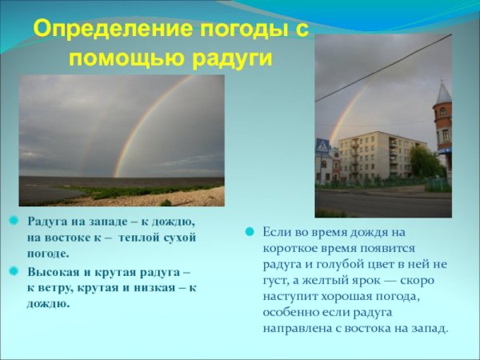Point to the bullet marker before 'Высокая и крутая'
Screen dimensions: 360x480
pyautogui.click(x=14, y=272)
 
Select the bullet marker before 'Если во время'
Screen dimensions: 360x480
pyautogui.click(x=249, y=231)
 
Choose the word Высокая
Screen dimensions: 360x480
pyautogui.click(x=54, y=272)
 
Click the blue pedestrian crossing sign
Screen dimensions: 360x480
pyautogui.click(x=322, y=146)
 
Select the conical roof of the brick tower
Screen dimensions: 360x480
pyautogui.click(x=443, y=93)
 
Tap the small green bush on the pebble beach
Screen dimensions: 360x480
pyautogui.click(x=166, y=202)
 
